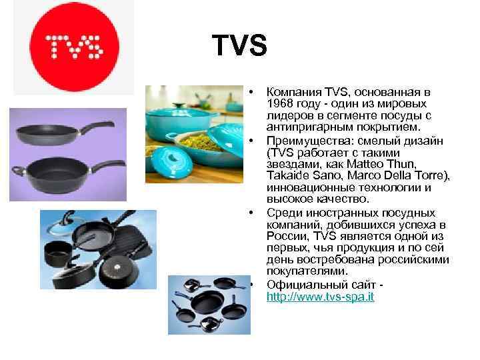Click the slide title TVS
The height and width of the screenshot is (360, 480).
click(x=239, y=46)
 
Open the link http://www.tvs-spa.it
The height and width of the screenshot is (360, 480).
click(x=320, y=296)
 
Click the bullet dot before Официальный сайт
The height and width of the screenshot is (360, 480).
click(x=252, y=285)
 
